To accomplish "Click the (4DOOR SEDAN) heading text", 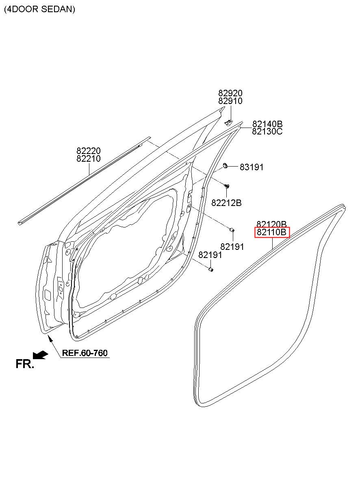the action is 39,9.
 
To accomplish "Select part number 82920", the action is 230,93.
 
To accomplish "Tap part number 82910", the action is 230,101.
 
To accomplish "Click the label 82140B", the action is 267,124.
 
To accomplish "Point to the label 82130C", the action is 267,132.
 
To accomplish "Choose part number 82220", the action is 89,151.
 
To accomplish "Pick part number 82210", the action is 89,158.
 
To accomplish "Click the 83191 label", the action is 252,167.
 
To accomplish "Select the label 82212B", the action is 226,203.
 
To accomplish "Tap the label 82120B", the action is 271,224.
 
